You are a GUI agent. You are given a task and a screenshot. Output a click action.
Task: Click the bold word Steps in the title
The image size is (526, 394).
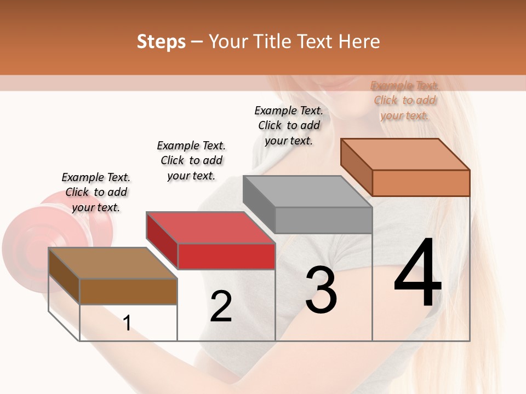coord(161,42)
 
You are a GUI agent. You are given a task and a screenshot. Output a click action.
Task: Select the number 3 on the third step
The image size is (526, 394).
coord(321,290)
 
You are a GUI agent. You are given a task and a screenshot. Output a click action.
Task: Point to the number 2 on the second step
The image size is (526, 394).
coord(221,306)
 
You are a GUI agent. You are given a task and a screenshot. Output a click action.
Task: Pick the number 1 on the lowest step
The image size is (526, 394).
coord(127,323)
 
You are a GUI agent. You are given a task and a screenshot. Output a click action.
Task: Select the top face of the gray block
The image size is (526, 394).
coord(307,192)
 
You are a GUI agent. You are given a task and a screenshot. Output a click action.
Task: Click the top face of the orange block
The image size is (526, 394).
coord(405,154)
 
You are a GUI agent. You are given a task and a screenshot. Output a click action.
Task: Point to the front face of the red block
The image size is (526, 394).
coord(226,256)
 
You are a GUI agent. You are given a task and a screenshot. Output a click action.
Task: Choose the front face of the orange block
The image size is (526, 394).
coord(421,183)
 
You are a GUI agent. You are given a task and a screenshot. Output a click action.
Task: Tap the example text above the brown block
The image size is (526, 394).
coord(96,192)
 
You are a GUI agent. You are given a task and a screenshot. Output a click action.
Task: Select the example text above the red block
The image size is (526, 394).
coord(191,160)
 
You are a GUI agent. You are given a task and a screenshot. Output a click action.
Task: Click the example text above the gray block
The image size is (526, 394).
coord(289,125)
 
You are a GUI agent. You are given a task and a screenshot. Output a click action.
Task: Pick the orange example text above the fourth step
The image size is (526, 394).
coord(404,100)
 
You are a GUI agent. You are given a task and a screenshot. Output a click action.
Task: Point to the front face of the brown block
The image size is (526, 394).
coord(128,291)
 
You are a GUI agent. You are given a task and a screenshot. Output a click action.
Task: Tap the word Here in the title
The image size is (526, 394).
coord(359,42)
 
